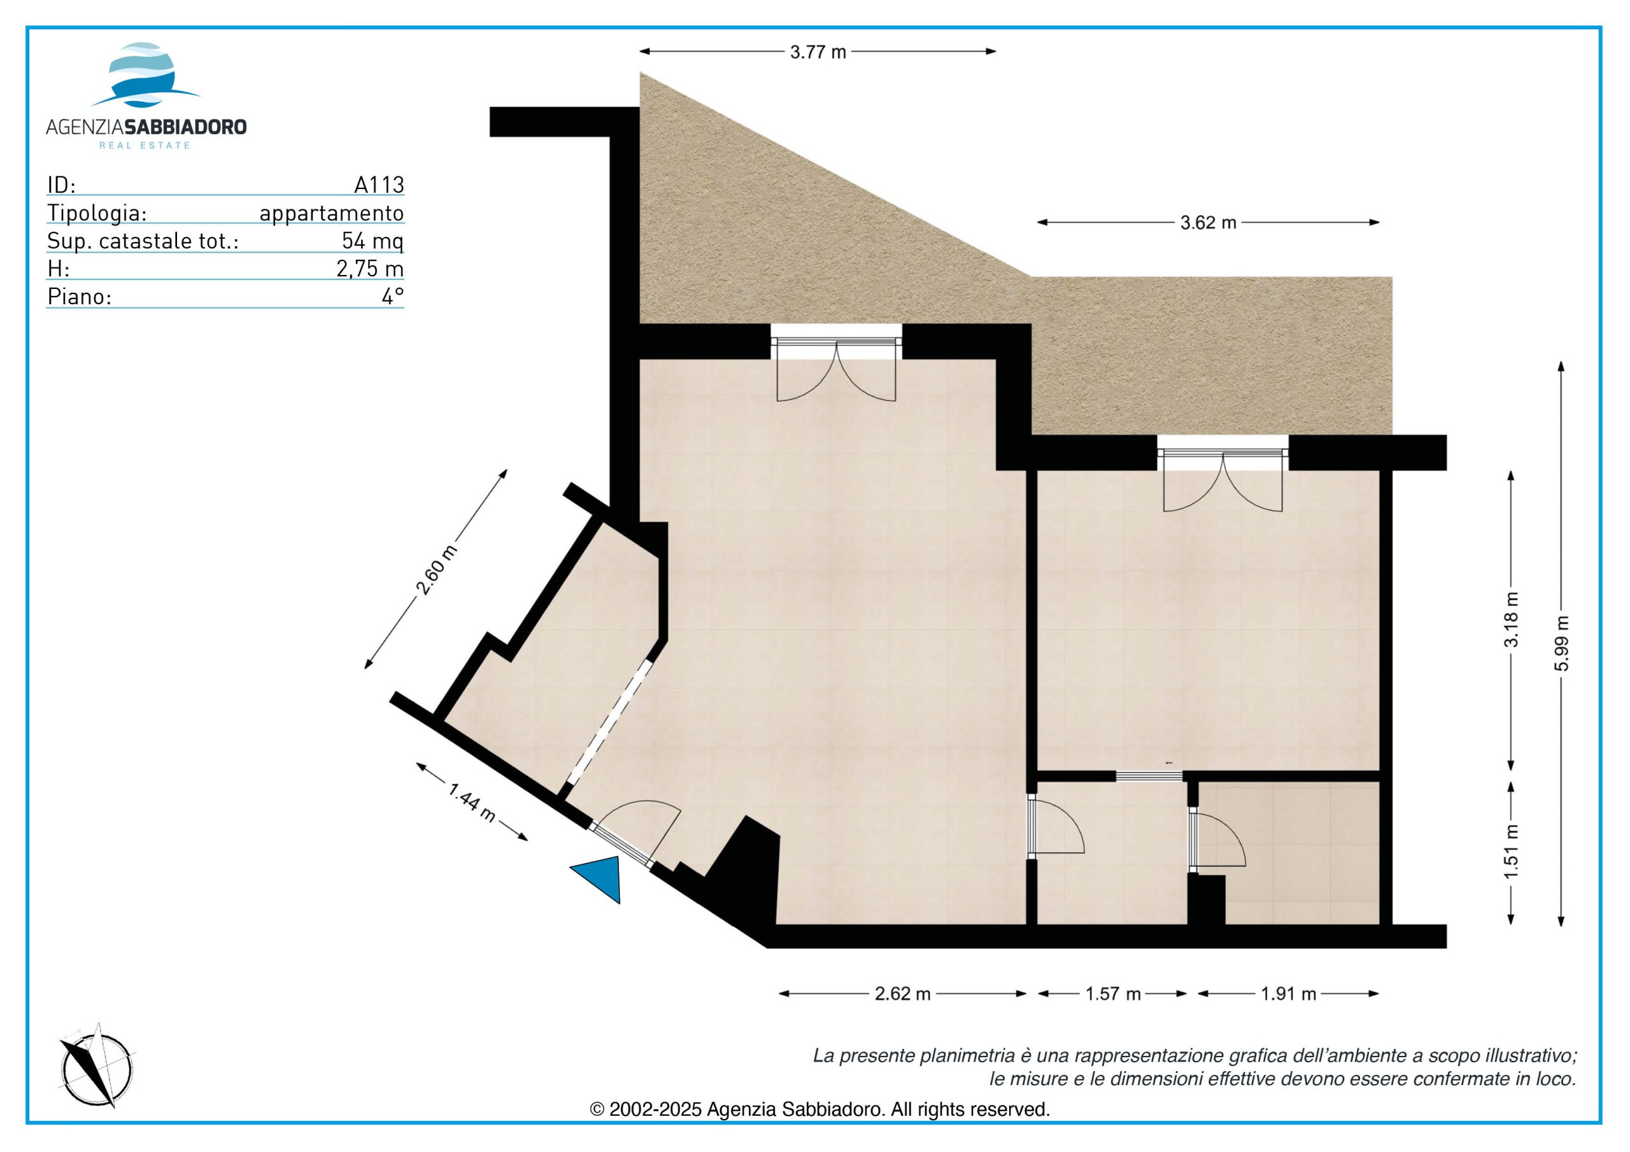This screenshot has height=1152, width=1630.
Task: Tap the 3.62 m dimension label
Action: click(x=1208, y=223)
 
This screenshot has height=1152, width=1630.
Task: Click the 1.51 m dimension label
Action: click(x=1512, y=851)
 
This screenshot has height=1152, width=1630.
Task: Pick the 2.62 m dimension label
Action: click(x=902, y=994)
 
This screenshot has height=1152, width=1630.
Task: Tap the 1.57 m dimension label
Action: click(x=1112, y=994)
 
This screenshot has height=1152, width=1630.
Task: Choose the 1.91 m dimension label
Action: click(x=1289, y=994)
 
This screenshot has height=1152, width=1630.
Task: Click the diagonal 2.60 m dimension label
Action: click(x=436, y=570)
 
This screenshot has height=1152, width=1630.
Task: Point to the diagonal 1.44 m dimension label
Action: click(x=472, y=802)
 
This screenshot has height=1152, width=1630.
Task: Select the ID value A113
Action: click(x=379, y=185)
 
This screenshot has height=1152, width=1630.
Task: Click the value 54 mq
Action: click(x=372, y=241)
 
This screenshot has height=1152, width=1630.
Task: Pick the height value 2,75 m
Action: click(x=370, y=269)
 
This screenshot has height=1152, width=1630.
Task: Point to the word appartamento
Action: click(x=332, y=213)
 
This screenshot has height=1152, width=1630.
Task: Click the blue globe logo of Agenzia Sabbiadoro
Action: click(x=146, y=75)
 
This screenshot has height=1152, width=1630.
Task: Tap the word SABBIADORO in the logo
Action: click(x=185, y=127)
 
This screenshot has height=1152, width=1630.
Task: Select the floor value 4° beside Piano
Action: click(x=393, y=297)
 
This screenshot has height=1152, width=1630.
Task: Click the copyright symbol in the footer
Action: click(x=597, y=1109)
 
